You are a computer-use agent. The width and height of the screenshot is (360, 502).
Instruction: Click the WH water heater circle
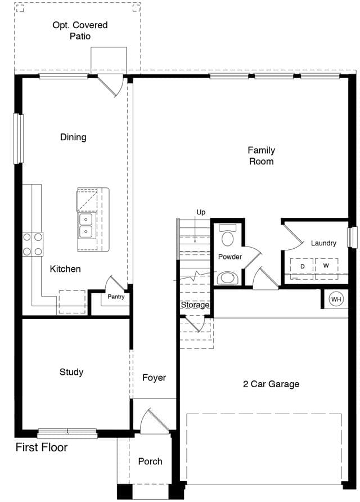pos(336,299)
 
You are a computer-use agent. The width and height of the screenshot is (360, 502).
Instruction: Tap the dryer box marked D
pos(301,268)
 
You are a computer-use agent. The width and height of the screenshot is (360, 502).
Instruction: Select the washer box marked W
pos(326,268)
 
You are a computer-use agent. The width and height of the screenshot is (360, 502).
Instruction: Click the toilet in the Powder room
pos(227,235)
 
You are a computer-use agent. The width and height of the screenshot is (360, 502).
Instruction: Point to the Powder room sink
pos(227,278)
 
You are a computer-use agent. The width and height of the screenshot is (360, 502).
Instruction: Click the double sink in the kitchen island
pos(86,225)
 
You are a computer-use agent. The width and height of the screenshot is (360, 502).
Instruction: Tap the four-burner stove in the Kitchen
pos(33,244)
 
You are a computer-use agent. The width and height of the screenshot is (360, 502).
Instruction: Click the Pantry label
pos(116,297)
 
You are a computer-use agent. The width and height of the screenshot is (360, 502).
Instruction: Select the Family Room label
pos(262,155)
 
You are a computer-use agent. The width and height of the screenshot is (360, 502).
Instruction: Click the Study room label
pos(71,372)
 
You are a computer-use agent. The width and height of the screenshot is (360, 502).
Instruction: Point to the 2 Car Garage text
pos(271,384)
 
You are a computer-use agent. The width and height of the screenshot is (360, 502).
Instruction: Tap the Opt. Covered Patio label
pos(80,30)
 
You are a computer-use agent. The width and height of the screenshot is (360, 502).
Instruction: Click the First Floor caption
pos(42,447)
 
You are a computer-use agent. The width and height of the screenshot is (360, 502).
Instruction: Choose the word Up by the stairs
pos(201,212)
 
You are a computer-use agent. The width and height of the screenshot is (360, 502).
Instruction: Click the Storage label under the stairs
pos(195,305)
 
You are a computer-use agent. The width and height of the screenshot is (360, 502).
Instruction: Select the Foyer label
pos(154,378)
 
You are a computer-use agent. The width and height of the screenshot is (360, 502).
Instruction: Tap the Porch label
pos(150,461)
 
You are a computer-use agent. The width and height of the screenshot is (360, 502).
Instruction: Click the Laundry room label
pos(323,243)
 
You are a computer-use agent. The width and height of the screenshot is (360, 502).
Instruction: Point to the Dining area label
pos(73,137)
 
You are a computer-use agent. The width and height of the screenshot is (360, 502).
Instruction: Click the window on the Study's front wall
pos(67,433)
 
